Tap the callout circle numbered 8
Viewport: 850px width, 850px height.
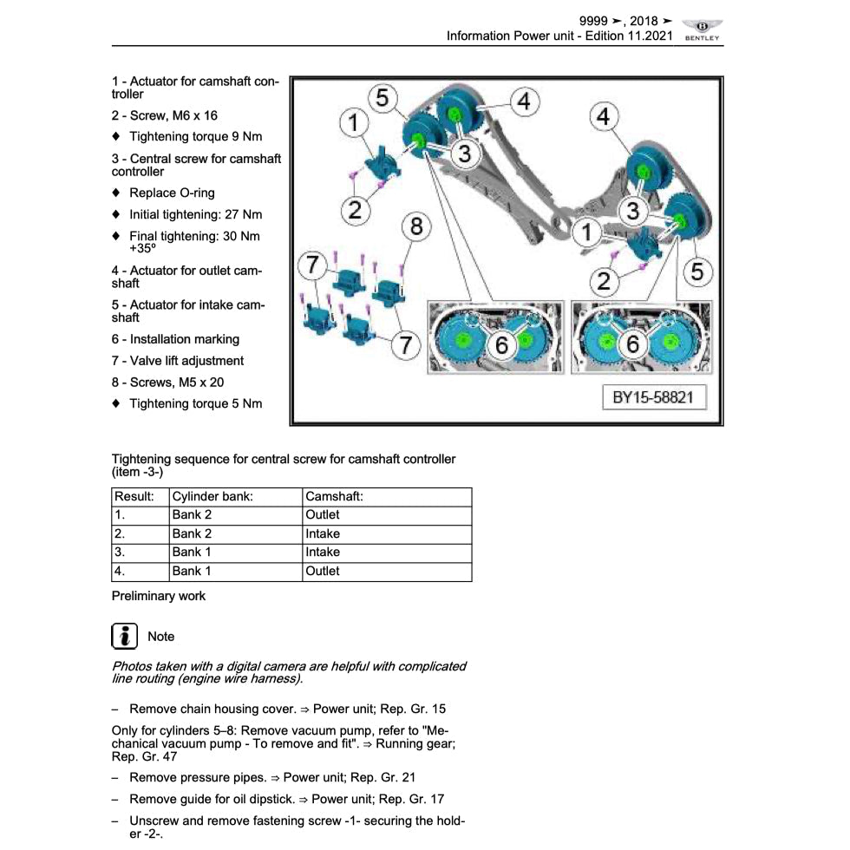pos(416,227)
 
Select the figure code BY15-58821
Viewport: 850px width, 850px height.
pos(653,398)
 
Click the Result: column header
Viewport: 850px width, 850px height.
pos(134,497)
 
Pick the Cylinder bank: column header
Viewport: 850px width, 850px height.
pos(212,497)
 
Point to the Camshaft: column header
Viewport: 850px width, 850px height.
pos(334,497)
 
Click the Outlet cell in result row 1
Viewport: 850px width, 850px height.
pos(323,515)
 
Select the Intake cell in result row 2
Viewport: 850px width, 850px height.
pos(323,534)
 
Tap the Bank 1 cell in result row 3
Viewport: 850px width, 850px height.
pos(192,552)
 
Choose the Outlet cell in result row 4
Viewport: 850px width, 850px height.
pos(323,572)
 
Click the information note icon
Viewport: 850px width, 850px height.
pos(125,636)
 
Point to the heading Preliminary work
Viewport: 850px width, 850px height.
pos(159,596)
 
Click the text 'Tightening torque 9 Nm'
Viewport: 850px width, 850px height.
pos(195,137)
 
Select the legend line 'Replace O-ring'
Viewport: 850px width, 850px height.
pos(172,193)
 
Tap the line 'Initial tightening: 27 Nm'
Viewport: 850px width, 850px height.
pos(195,215)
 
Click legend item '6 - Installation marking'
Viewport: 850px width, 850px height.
pos(175,340)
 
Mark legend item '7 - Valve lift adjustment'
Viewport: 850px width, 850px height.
pos(178,361)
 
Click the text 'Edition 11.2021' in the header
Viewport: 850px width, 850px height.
pos(624,36)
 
